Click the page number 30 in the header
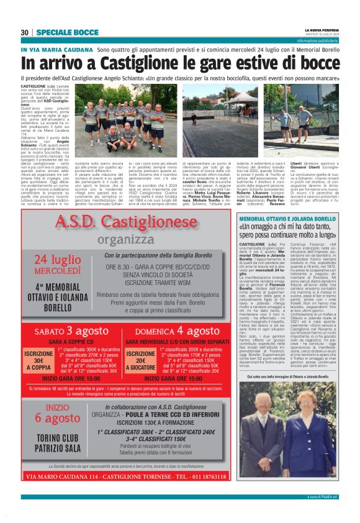25,32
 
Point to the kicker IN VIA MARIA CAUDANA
56,49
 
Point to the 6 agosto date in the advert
58,418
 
